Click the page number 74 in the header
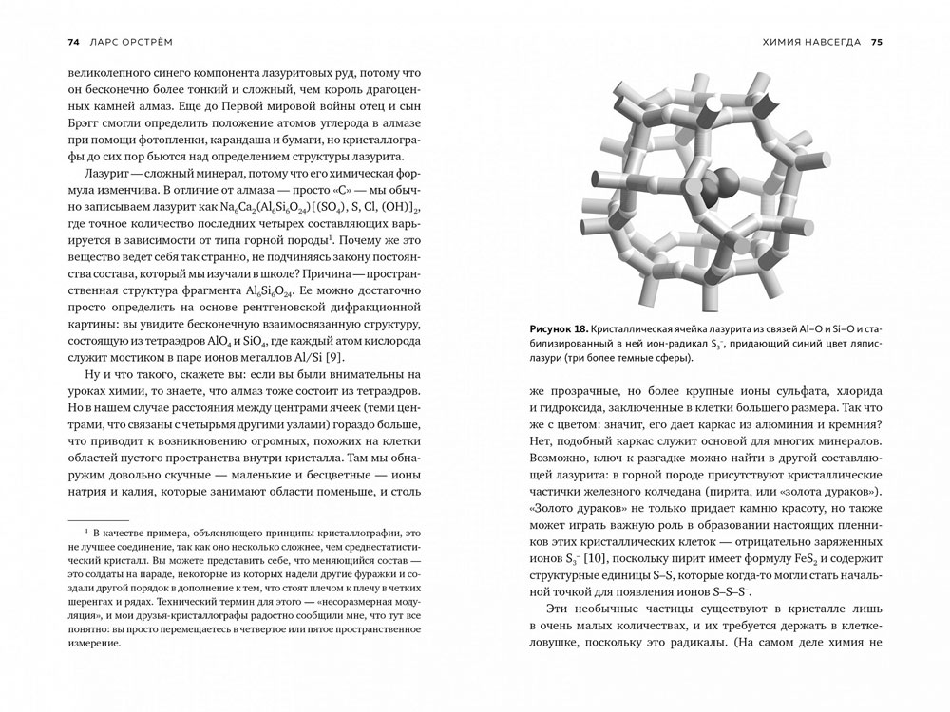coord(73,42)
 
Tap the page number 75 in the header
coord(876,42)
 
